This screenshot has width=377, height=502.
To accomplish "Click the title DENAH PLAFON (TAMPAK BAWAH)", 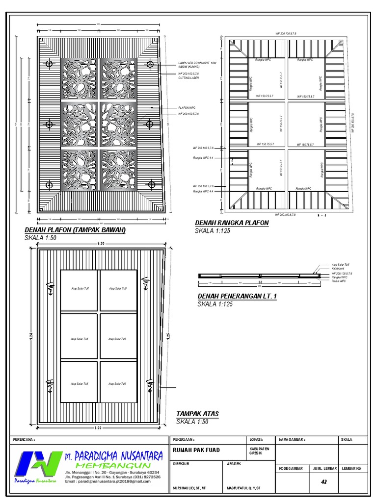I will tap(75, 230).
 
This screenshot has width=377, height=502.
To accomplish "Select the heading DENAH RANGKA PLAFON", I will tap(232, 223).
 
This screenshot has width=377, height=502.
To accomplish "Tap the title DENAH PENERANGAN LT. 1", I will tap(237, 297).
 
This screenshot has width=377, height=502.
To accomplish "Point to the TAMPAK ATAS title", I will tap(197, 414).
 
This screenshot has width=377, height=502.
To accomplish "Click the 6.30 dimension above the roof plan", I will tap(101, 244).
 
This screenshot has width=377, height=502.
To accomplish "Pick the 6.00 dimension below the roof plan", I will tap(98, 428).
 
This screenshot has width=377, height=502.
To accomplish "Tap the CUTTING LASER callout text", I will tap(188, 77).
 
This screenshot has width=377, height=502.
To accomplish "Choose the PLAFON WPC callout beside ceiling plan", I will tap(187, 108).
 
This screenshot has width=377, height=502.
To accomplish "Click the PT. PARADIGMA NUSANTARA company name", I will tap(113, 456).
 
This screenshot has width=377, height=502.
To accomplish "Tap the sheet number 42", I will tap(324, 482).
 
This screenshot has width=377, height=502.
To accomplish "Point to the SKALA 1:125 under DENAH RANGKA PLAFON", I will tap(213, 230).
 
